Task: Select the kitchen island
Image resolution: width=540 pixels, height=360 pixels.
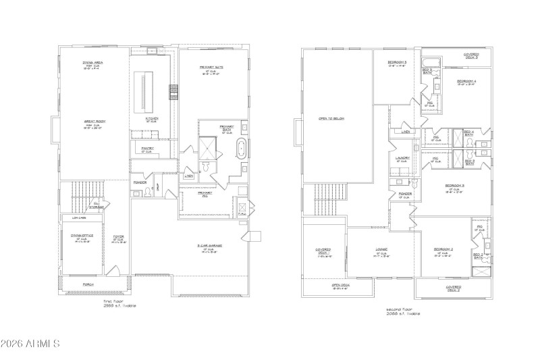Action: coord(142,93)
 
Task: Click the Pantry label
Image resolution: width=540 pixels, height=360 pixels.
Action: coord(148,148)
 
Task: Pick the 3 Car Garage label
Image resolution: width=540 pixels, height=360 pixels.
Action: coord(210,246)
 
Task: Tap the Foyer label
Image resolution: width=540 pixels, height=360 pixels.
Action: coord(119,236)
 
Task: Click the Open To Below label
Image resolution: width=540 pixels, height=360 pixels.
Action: coord(331,118)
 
